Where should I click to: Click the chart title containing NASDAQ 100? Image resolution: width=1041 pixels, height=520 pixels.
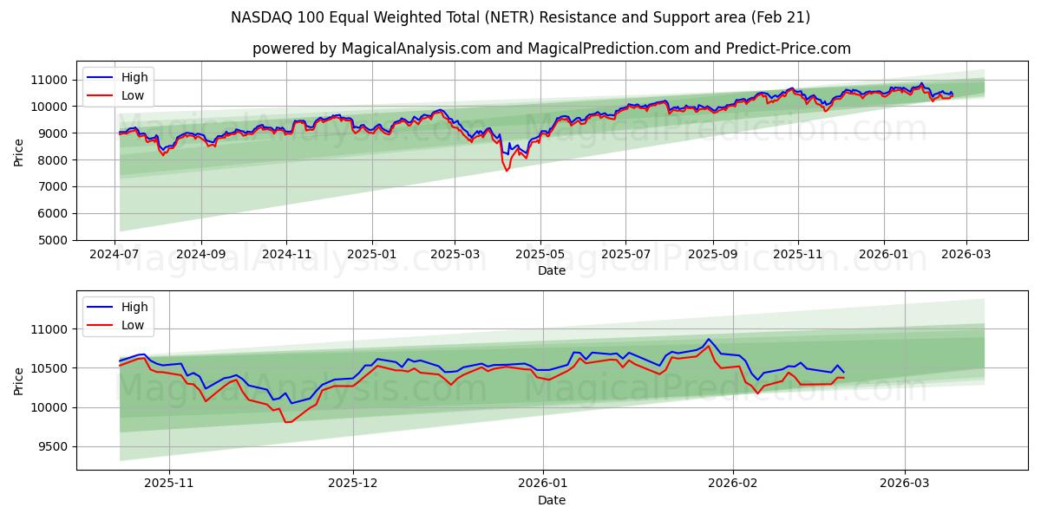click(x=520, y=17)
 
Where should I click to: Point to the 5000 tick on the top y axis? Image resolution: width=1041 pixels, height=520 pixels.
click(x=51, y=240)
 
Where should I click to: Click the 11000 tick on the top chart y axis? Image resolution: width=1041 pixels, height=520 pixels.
click(x=48, y=80)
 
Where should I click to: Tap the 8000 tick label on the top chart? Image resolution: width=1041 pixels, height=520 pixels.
click(x=51, y=160)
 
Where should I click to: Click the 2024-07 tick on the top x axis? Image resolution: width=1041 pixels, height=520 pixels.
click(x=115, y=254)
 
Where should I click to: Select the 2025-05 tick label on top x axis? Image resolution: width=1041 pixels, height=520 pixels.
click(x=540, y=254)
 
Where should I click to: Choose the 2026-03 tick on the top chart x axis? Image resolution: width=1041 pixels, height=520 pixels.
click(x=966, y=254)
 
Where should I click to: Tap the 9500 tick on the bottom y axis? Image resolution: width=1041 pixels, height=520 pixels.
click(x=51, y=447)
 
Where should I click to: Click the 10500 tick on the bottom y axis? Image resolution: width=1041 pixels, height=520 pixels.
click(x=48, y=368)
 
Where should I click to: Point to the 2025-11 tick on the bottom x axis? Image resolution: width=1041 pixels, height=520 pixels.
click(x=168, y=484)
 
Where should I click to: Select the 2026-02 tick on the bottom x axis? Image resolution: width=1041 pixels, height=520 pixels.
click(x=733, y=484)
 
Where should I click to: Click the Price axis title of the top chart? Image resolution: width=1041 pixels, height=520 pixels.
click(x=19, y=152)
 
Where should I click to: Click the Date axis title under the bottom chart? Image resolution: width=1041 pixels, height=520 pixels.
click(x=551, y=500)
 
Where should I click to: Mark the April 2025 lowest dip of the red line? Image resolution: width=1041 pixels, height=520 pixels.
click(x=507, y=170)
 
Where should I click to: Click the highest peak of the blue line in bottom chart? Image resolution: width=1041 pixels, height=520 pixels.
click(x=708, y=339)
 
